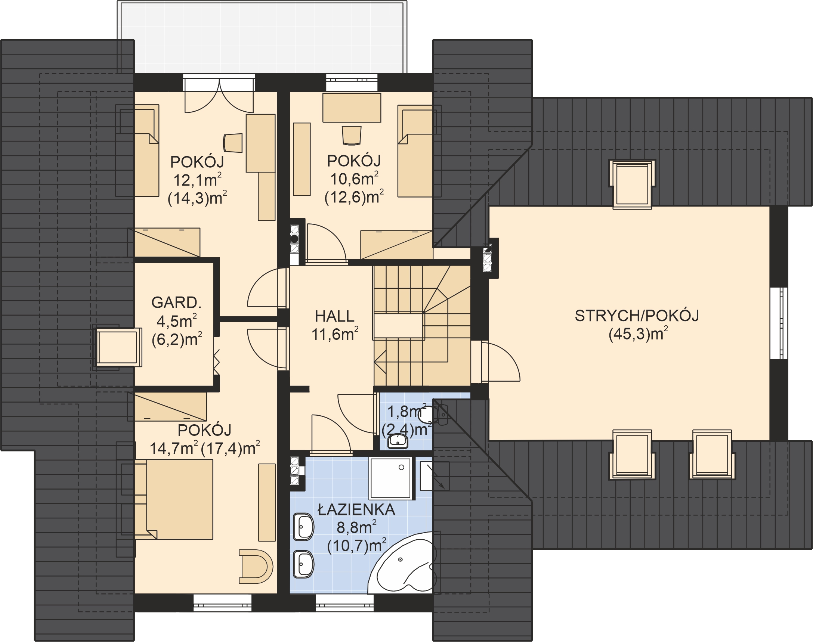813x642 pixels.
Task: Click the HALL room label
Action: pyautogui.click(x=334, y=316)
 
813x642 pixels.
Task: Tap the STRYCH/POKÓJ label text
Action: pyautogui.click(x=637, y=316)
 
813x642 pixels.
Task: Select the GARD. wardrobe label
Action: pyautogui.click(x=176, y=303)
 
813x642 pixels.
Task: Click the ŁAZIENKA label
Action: pyautogui.click(x=356, y=510)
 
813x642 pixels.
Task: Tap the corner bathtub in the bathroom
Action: pyautogui.click(x=402, y=564)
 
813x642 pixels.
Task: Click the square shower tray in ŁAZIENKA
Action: pyautogui.click(x=391, y=478)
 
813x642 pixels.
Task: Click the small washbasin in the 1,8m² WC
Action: pyautogui.click(x=398, y=441)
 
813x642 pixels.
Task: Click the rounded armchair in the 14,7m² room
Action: pyautogui.click(x=256, y=567)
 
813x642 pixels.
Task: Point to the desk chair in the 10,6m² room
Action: pyautogui.click(x=351, y=135)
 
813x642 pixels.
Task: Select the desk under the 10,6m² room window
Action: pyautogui.click(x=352, y=108)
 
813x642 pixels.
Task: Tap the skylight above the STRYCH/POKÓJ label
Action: pyautogui.click(x=632, y=184)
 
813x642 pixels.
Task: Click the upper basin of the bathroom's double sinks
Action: pyautogui.click(x=303, y=527)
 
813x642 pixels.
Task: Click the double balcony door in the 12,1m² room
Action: pyautogui.click(x=219, y=96)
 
